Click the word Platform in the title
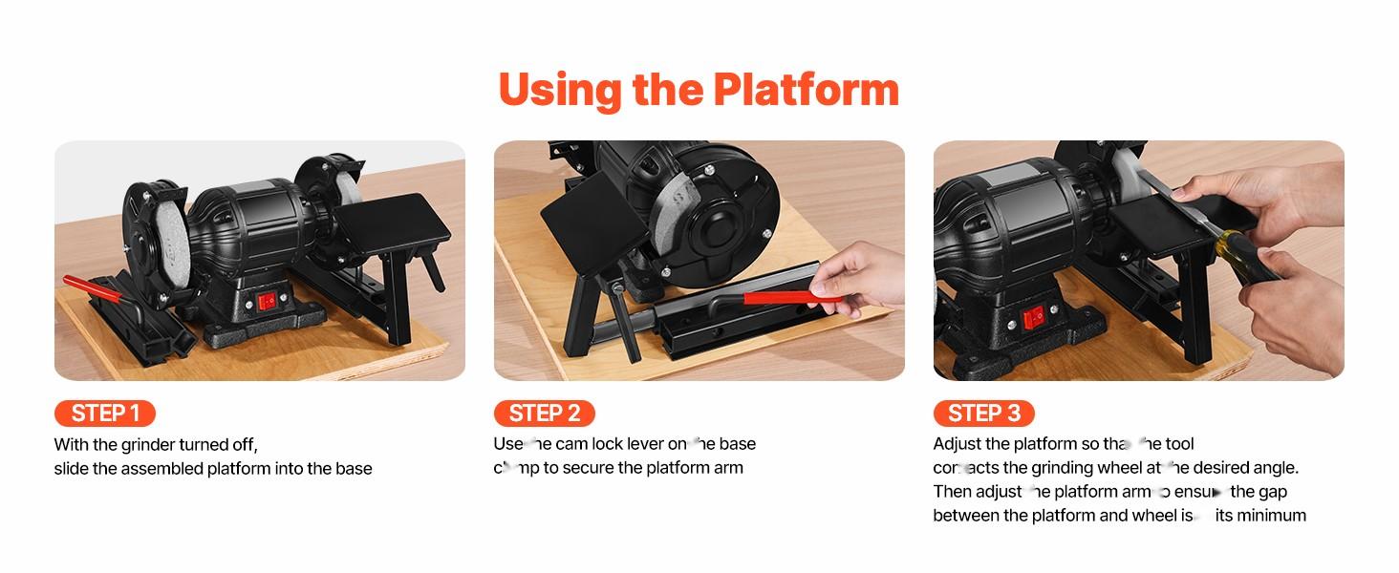pyautogui.click(x=806, y=89)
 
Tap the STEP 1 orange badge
pyautogui.click(x=105, y=414)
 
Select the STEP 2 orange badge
pyautogui.click(x=544, y=414)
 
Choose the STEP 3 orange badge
pyautogui.click(x=983, y=414)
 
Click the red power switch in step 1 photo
pyautogui.click(x=269, y=302)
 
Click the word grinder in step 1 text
pyautogui.click(x=147, y=445)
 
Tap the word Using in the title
pyautogui.click(x=560, y=89)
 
